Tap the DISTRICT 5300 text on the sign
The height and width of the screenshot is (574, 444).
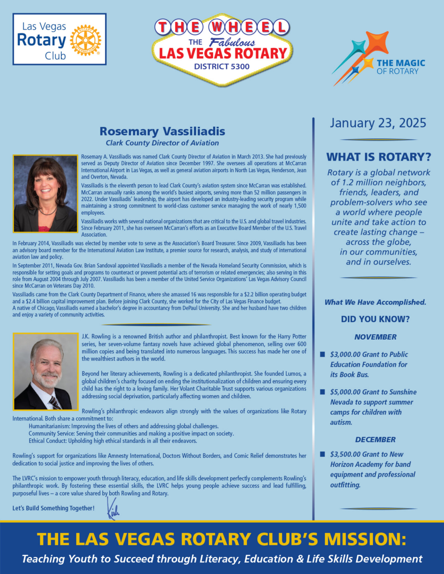coord(222,66)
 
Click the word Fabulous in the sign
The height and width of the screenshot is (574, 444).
coord(232,43)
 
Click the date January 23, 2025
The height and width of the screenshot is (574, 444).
coord(378,123)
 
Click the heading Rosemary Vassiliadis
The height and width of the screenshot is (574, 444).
coord(162,131)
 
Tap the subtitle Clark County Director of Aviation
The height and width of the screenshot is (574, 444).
coord(162,143)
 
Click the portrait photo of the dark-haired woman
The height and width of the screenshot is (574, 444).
coord(45,193)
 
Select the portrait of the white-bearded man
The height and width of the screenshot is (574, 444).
coord(45,371)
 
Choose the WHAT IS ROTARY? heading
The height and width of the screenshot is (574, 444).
coord(378,157)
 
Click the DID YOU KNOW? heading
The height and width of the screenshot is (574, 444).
coord(375,319)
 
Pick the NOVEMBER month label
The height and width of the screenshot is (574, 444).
coord(375,337)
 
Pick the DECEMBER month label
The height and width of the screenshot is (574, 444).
coord(375,439)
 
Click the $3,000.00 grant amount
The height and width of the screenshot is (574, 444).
coord(345,355)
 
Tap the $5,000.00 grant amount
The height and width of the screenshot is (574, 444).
coord(345,392)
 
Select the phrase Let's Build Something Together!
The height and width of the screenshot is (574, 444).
coord(53,508)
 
